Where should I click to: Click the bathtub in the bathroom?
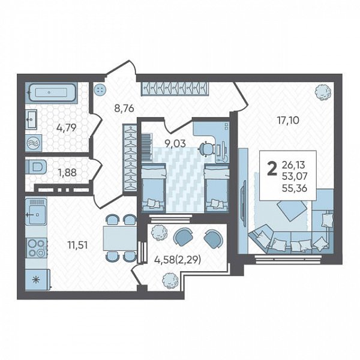click(52, 92)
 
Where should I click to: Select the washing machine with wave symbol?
click(34, 143)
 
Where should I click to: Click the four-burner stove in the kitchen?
click(37, 248)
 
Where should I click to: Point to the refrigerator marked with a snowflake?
click(37, 279)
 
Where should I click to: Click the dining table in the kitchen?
click(119, 238)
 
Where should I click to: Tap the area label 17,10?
click(288, 121)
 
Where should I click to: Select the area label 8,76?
click(124, 109)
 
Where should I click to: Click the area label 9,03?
click(175, 144)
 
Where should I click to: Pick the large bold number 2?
click(272, 169)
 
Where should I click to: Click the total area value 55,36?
click(295, 188)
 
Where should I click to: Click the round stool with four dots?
click(100, 89)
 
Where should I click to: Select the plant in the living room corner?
click(323, 92)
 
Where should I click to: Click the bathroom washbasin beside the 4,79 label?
click(31, 119)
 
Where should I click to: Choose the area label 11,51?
click(77, 245)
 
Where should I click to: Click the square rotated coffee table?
click(292, 209)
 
